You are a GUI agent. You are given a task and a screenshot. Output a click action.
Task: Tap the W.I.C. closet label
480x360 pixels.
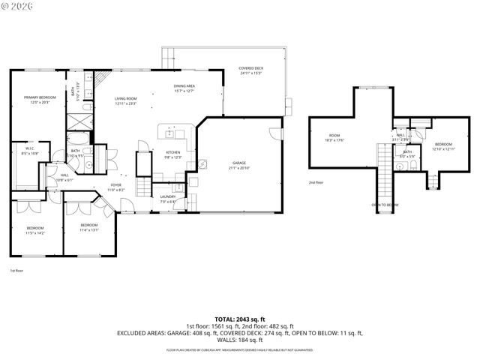[30, 148]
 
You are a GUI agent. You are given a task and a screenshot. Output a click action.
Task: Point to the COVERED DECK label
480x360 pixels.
[251, 68]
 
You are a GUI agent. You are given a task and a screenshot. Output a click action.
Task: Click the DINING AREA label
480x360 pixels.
[184, 86]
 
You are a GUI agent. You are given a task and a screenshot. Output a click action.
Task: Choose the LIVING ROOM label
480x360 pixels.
[125, 99]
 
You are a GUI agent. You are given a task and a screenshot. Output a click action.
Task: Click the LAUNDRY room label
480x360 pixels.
[168, 197]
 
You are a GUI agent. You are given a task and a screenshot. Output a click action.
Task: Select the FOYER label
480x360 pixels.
[115, 185]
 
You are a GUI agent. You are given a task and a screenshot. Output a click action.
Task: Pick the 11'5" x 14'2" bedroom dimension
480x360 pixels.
[36, 233]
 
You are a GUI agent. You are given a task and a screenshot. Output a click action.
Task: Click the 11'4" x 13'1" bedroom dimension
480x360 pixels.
[89, 230]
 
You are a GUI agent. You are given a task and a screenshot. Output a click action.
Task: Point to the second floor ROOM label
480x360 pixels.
[334, 136]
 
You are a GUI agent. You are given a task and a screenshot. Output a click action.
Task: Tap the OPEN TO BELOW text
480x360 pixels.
[385, 205]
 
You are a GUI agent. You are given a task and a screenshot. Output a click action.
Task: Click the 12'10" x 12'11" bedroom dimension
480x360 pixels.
[444, 148]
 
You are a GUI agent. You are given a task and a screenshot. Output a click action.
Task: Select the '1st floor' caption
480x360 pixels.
[16, 270]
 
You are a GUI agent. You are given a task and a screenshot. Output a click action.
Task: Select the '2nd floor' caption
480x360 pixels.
[316, 182]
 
